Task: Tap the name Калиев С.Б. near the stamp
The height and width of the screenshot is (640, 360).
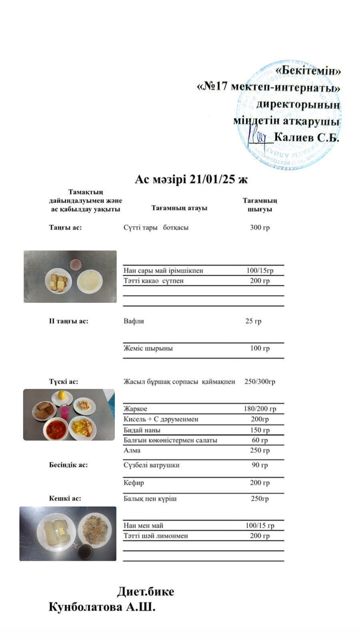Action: (x=306, y=138)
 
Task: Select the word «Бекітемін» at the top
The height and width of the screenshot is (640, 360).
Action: (x=308, y=71)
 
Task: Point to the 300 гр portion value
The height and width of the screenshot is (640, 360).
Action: (x=260, y=228)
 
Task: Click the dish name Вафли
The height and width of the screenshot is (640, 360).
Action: (x=134, y=321)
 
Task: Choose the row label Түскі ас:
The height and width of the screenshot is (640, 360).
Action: (x=64, y=382)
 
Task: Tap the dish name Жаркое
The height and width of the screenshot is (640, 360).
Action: (x=135, y=409)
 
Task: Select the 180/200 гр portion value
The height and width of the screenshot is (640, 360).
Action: (x=260, y=409)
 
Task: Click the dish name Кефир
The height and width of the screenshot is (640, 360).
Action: (x=134, y=483)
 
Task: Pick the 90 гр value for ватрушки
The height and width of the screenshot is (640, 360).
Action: (x=260, y=465)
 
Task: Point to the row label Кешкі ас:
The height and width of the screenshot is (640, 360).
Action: (x=65, y=498)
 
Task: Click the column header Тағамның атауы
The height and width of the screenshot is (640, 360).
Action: (x=179, y=208)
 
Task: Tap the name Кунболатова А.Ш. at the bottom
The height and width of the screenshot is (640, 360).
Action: (x=102, y=607)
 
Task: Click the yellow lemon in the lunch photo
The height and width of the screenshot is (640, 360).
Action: (x=62, y=395)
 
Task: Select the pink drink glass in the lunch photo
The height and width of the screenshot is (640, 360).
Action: (x=64, y=412)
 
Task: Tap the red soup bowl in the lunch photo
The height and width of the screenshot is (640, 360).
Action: (x=55, y=429)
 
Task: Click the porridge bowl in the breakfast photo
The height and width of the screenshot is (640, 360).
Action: (x=90, y=281)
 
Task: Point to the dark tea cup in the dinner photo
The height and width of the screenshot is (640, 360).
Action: (x=84, y=552)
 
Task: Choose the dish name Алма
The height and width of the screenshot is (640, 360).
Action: (x=132, y=450)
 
